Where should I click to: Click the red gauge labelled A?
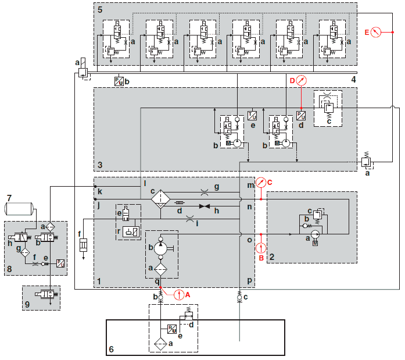point(178,295)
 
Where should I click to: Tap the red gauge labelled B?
point(261,248)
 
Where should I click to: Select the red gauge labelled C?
point(261,183)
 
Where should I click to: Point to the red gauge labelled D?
point(300,80)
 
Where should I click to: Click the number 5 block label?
point(99,9)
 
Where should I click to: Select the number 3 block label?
point(99,165)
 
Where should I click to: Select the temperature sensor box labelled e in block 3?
point(253,115)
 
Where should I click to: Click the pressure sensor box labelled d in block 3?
point(301,115)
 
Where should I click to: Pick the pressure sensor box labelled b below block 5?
point(119,81)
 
